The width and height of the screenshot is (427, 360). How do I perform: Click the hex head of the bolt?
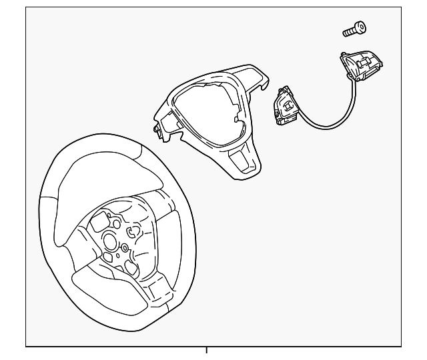pos(361,27)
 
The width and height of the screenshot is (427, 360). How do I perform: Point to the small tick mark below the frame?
pos(206,350)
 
